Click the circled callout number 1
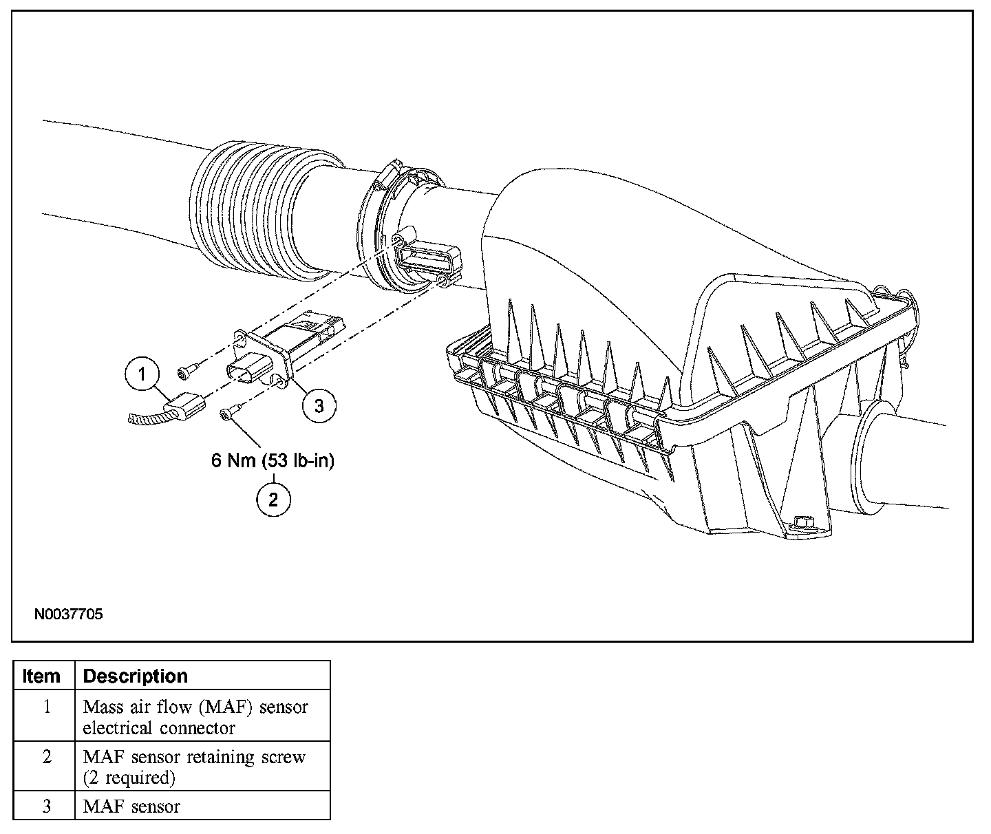click(142, 374)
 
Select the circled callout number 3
click(319, 406)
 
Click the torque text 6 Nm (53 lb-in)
click(273, 460)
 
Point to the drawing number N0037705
click(68, 614)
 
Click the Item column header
click(41, 676)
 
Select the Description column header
click(135, 676)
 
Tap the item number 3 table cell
click(46, 806)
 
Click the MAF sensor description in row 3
click(131, 806)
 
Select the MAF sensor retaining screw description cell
click(194, 767)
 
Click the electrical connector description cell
click(195, 717)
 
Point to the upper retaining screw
click(186, 372)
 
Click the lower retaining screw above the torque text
click(228, 412)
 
